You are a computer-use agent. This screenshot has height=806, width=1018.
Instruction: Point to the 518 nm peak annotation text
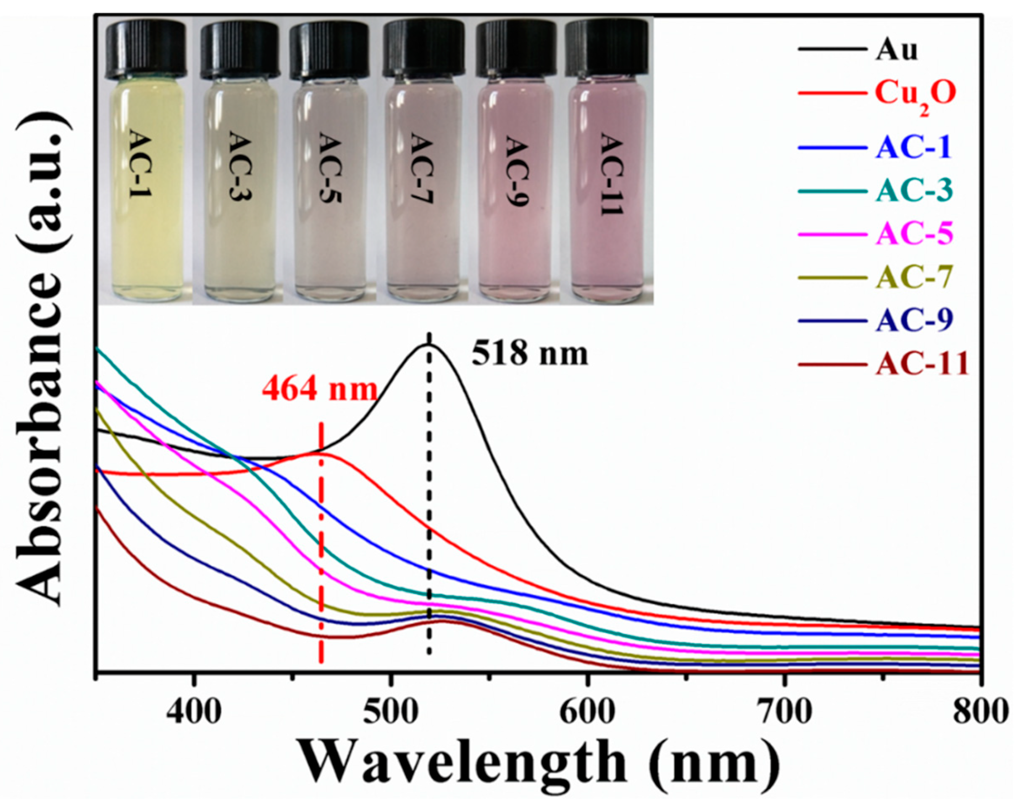pyautogui.click(x=530, y=354)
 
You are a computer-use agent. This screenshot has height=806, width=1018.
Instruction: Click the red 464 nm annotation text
pyautogui.click(x=320, y=390)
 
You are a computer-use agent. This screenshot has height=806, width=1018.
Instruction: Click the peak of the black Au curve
pyautogui.click(x=429, y=345)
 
